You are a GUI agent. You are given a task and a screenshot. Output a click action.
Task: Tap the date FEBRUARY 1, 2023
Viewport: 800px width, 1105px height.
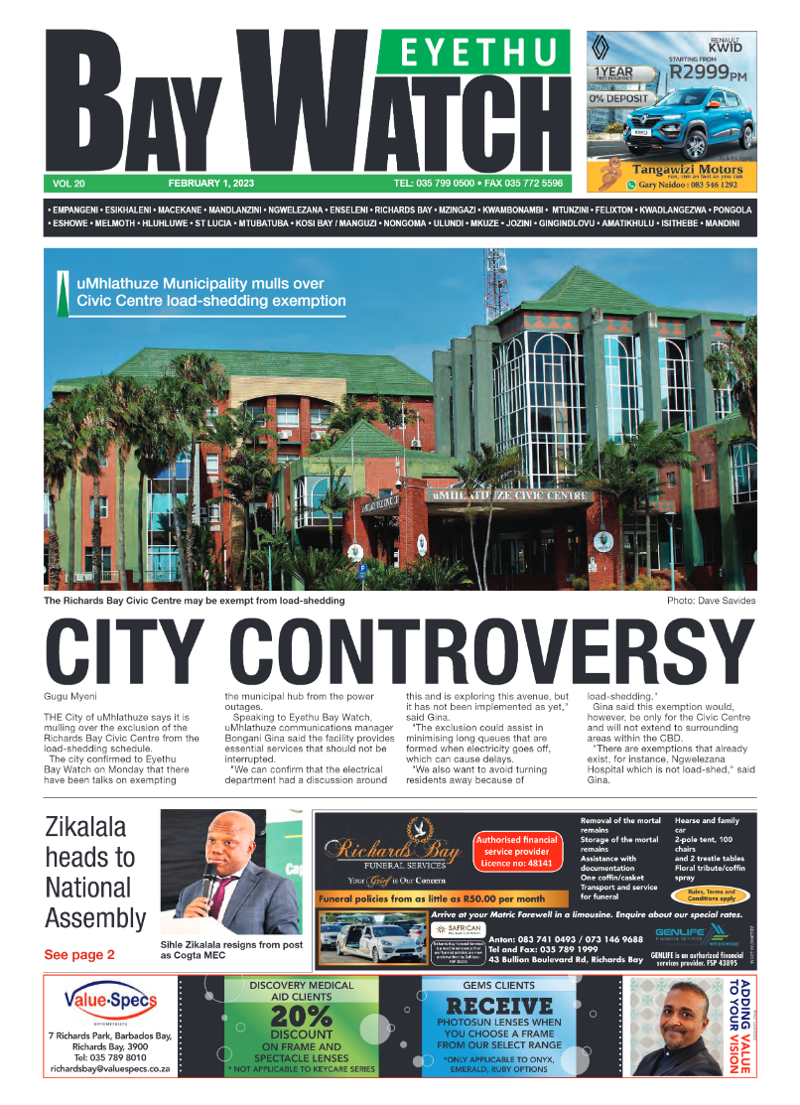tap(211, 184)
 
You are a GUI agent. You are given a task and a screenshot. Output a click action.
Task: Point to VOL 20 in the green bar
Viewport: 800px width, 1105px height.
tap(68, 184)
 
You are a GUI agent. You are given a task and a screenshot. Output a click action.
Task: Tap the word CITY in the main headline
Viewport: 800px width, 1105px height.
tap(127, 652)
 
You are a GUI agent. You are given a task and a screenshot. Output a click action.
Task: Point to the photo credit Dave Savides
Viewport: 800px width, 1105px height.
tap(729, 602)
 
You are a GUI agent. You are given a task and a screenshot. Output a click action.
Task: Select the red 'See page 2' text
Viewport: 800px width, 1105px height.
tap(79, 954)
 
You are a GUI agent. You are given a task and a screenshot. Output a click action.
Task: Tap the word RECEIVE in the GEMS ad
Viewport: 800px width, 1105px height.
tap(498, 1006)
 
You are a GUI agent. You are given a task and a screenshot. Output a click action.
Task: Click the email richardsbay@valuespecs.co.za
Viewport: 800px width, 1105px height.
tap(110, 1069)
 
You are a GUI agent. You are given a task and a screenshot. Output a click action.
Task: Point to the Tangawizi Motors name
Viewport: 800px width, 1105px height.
tap(680, 170)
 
